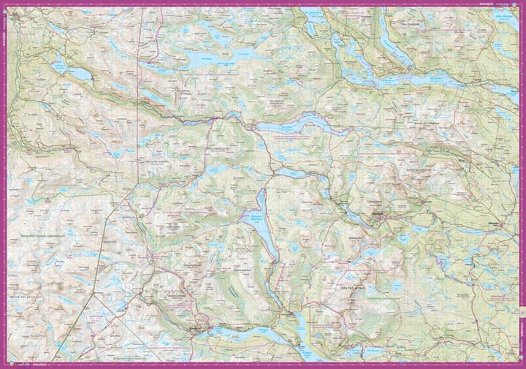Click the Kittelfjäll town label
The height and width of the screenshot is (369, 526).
point(378,212)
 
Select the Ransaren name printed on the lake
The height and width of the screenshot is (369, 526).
point(252,217)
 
